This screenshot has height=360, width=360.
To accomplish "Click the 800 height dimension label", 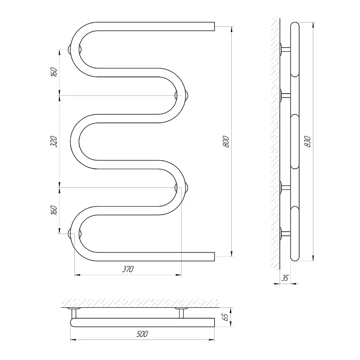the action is [x=226, y=141].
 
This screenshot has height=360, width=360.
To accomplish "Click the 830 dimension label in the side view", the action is [x=307, y=141].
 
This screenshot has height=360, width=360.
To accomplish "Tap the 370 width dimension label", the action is [x=128, y=269].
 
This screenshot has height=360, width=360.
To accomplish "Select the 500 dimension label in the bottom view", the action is [x=142, y=334].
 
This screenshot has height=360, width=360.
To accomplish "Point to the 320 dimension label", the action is [x=54, y=141].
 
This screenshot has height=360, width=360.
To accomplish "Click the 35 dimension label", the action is [x=285, y=278].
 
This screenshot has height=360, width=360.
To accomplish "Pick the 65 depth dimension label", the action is [x=226, y=317].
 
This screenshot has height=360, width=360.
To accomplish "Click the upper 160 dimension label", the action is [x=54, y=72].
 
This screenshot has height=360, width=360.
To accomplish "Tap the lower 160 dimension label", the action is [x=54, y=210].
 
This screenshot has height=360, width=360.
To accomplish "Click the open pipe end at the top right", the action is [x=214, y=27].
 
